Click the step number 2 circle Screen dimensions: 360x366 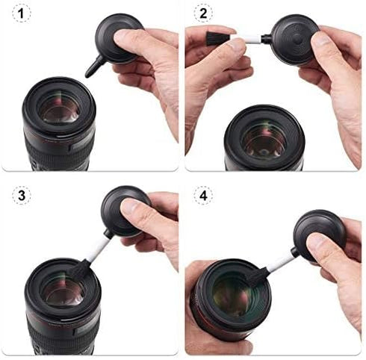tap(204, 13)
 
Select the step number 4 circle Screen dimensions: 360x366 tap(204, 196)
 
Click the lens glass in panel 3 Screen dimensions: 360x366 tap(60, 291)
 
